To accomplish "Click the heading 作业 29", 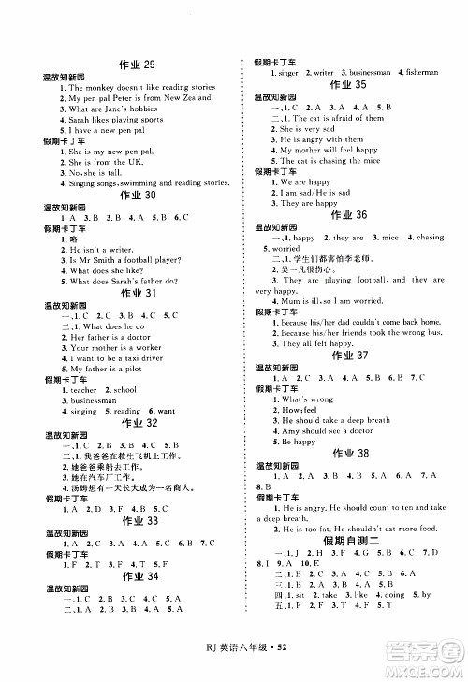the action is click(x=137, y=64).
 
